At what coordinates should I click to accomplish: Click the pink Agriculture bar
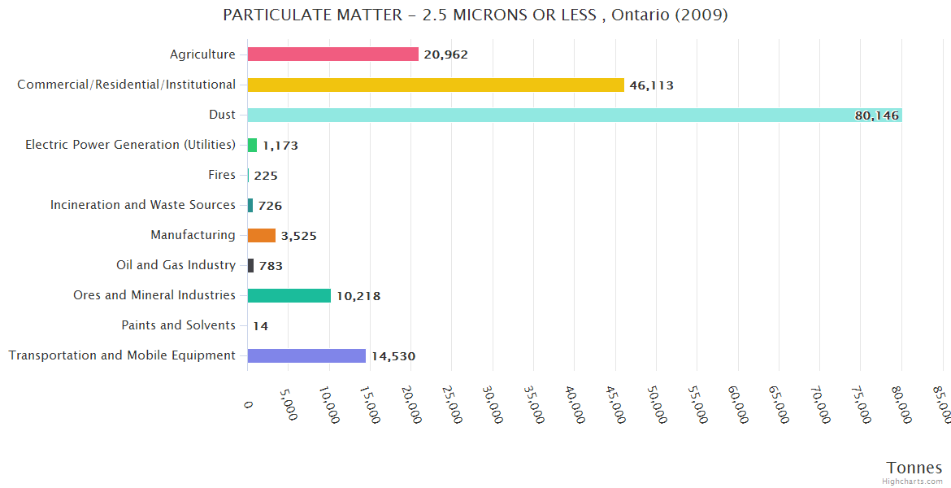pos(332,54)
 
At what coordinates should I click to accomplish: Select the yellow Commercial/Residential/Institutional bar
pos(436,85)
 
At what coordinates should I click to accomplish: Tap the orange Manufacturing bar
pos(262,235)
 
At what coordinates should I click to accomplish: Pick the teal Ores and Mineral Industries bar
pos(289,295)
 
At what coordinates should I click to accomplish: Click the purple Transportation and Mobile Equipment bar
pos(306,355)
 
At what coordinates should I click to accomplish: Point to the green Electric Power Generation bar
pos(252,145)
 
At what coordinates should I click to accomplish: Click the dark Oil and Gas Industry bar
pos(250,265)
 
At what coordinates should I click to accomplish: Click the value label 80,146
pos(876,115)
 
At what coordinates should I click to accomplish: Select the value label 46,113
pos(651,85)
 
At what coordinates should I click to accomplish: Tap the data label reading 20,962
pos(445,55)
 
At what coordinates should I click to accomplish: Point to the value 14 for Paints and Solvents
pos(260,326)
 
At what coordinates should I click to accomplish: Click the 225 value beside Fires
pos(265,176)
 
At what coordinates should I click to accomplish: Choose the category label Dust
pos(222,115)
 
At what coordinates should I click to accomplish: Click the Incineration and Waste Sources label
pos(143,205)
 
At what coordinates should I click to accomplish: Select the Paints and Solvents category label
pos(178,325)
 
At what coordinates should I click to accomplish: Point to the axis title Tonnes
pos(914,468)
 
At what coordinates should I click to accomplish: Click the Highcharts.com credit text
pos(914,481)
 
